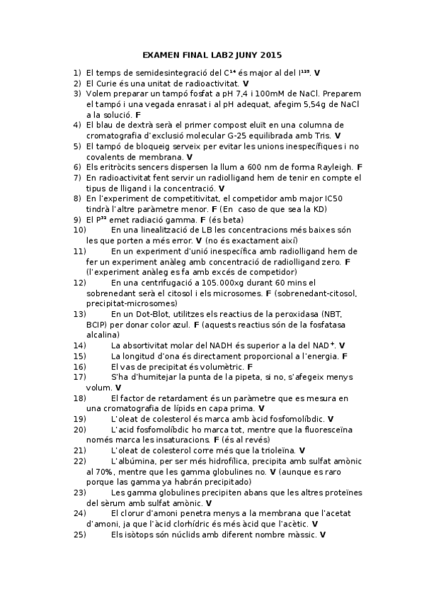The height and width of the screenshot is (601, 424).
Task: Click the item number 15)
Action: (x=79, y=356)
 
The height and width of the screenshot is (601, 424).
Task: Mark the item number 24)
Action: (x=79, y=513)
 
